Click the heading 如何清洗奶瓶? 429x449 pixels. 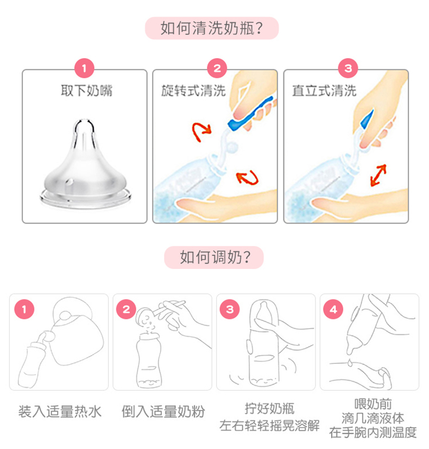(x=212, y=28)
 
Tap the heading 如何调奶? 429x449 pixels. (x=215, y=257)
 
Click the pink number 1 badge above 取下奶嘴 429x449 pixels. (x=84, y=68)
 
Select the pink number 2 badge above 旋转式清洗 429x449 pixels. (x=217, y=68)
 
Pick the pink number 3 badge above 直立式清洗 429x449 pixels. (x=348, y=68)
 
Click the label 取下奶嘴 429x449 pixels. (x=86, y=91)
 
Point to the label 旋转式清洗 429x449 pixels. (x=193, y=91)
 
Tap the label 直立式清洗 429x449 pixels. (x=324, y=91)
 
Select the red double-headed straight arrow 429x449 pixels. (x=378, y=175)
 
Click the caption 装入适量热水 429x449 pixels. (x=60, y=412)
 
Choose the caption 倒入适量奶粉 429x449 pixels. (x=163, y=412)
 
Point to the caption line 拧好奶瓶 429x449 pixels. (x=269, y=408)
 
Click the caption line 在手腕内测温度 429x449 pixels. (x=373, y=432)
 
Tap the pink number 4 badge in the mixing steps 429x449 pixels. (x=333, y=309)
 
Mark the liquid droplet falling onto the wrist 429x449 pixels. (x=350, y=362)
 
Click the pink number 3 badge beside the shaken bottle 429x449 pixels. (x=230, y=309)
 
